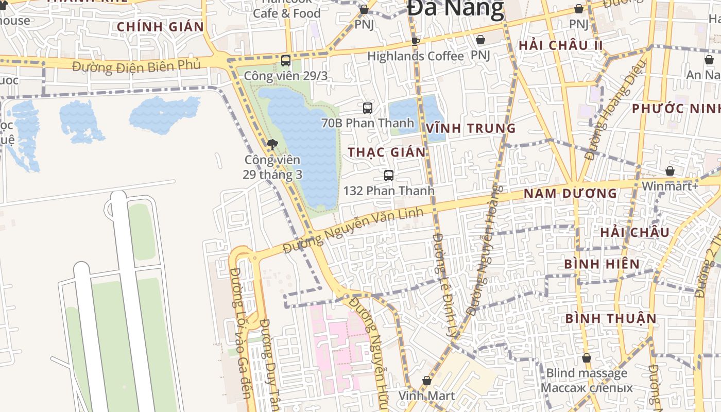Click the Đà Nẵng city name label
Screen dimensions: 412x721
pos(455,8)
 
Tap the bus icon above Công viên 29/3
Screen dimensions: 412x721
pos(286,61)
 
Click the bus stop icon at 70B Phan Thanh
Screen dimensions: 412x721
pos(368,108)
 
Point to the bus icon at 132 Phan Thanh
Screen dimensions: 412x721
pos(389,176)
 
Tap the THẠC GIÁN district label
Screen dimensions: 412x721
pos(387,152)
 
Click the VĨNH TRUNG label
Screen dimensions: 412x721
pos(471,128)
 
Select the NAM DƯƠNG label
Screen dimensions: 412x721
pos(570,194)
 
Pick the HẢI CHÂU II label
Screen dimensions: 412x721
pos(560,45)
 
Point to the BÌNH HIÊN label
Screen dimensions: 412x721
pos(602,264)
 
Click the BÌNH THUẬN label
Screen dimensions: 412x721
pos(611,318)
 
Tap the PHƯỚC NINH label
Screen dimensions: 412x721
pos(676,109)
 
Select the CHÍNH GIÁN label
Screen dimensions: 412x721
pos(160,27)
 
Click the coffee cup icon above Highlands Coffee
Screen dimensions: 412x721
pos(416,41)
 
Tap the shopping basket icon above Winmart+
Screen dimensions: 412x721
pos(670,171)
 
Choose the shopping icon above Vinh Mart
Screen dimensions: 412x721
pos(426,381)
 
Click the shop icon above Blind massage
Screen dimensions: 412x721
pos(586,358)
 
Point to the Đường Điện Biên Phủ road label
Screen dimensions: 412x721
pos(136,66)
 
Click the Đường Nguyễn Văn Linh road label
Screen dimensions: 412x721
pos(353,230)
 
